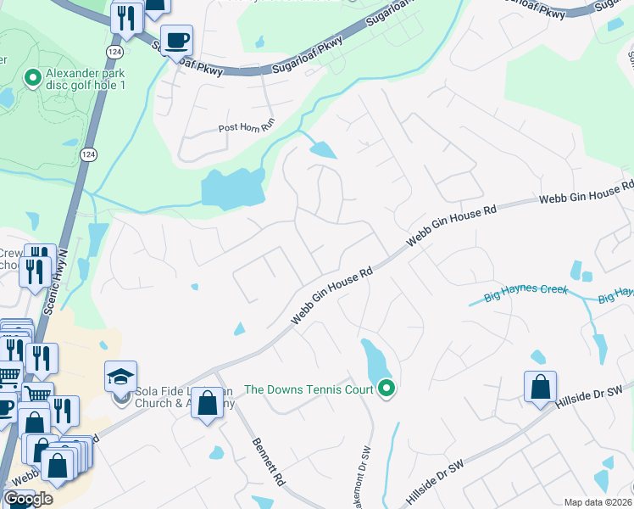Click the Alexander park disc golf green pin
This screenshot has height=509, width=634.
tap(33, 79)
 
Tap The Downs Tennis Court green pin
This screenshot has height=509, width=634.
tap(387, 389)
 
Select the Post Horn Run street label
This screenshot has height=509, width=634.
tap(247, 128)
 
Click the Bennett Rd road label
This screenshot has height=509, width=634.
tap(268, 462)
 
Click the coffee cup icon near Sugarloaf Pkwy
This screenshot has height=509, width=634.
tap(176, 41)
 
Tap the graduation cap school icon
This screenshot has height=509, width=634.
tap(121, 375)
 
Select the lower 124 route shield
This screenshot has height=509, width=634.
tap(88, 154)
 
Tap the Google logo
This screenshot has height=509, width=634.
tap(28, 499)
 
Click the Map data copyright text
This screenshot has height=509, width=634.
tap(598, 502)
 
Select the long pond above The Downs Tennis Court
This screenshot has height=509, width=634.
tap(372, 361)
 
